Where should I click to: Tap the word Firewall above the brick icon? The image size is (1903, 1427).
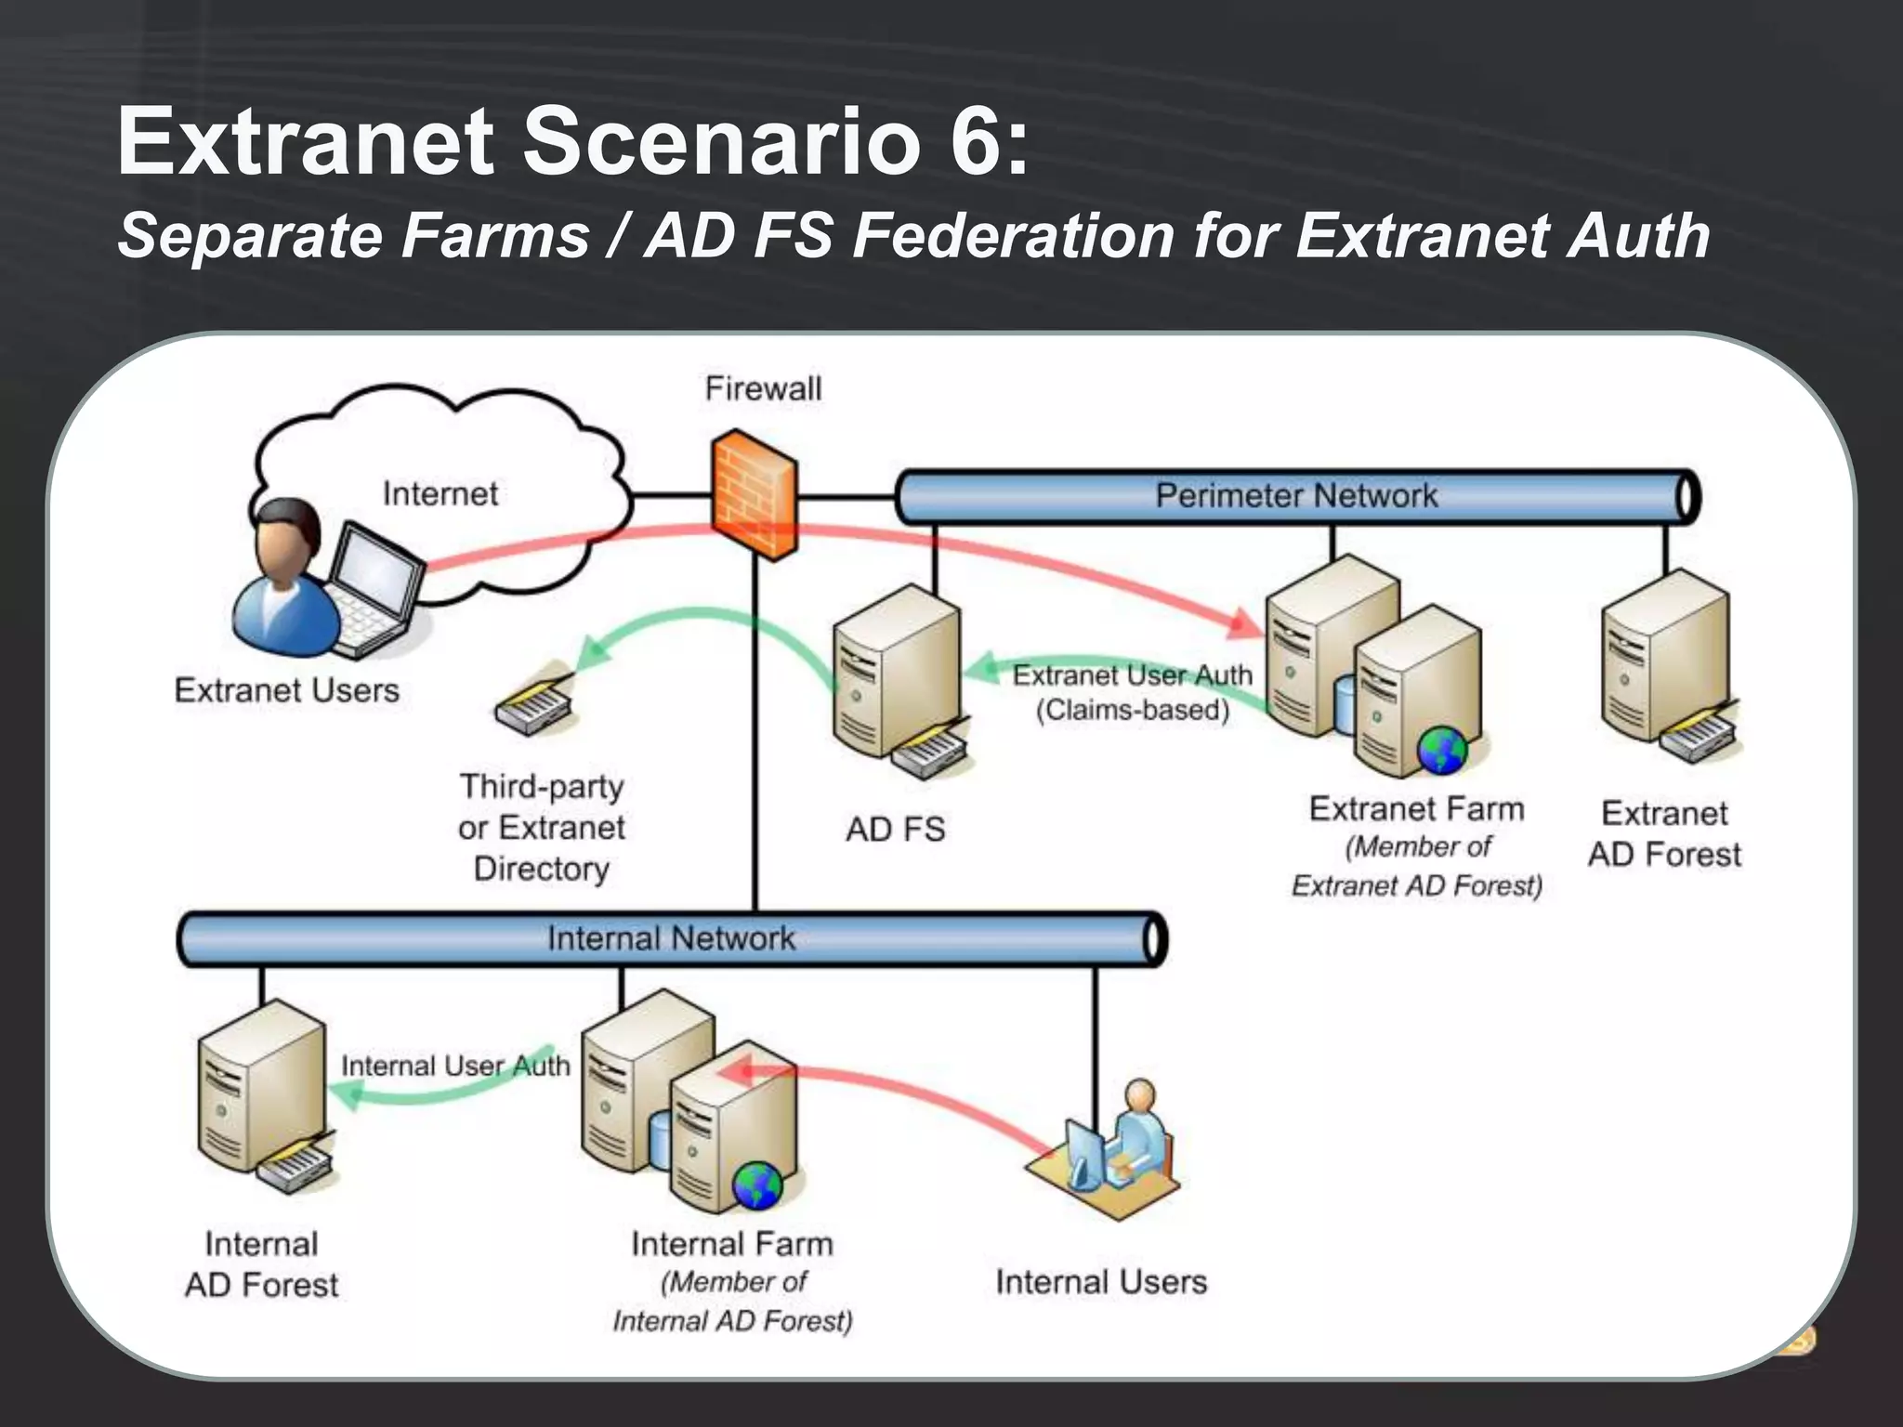pyautogui.click(x=763, y=388)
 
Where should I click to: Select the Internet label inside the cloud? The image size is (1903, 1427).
pyautogui.click(x=440, y=493)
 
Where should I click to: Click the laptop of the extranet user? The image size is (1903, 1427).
pyautogui.click(x=377, y=586)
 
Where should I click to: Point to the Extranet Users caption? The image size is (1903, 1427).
pyautogui.click(x=286, y=690)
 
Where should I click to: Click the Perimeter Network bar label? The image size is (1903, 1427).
pyautogui.click(x=1295, y=496)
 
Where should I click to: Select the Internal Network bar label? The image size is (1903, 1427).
pyautogui.click(x=671, y=938)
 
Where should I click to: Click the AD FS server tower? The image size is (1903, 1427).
pyautogui.click(x=894, y=674)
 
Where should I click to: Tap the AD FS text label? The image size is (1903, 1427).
pyautogui.click(x=895, y=829)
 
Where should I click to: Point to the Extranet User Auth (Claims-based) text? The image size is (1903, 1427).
pyautogui.click(x=1132, y=692)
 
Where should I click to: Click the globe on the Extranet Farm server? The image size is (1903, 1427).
pyautogui.click(x=1441, y=751)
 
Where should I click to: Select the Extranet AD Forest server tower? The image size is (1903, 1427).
pyautogui.click(x=1663, y=656)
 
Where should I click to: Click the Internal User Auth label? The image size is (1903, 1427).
pyautogui.click(x=455, y=1066)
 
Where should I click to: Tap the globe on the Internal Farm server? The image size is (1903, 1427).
pyautogui.click(x=757, y=1185)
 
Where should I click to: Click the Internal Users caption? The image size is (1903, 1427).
pyautogui.click(x=1101, y=1282)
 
